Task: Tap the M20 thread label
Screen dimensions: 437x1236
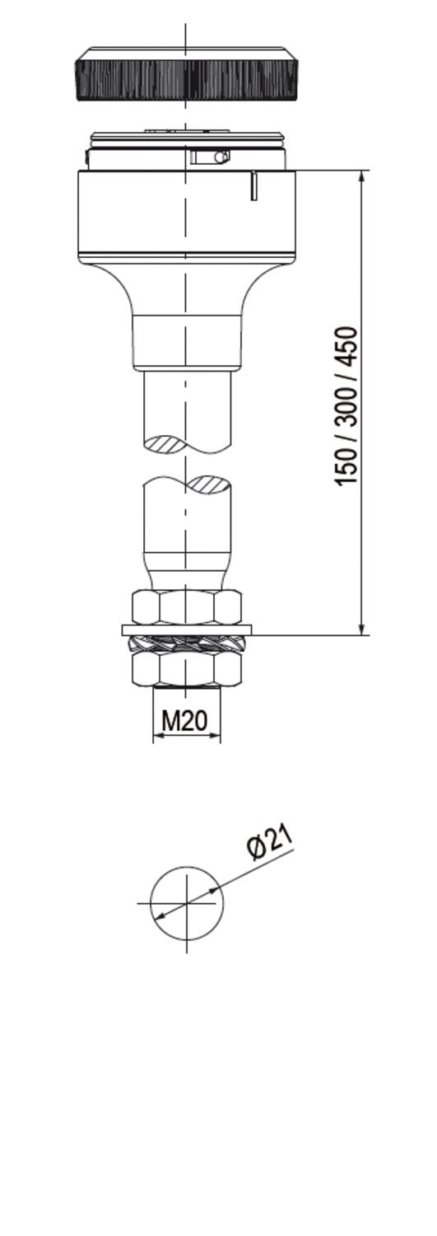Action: [184, 721]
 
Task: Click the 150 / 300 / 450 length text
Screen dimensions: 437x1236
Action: [346, 406]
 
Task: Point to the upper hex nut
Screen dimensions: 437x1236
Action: [187, 607]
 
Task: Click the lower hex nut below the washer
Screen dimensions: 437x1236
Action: [187, 669]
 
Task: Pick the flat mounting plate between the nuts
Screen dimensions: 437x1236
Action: [186, 630]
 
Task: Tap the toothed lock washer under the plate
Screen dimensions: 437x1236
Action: [186, 644]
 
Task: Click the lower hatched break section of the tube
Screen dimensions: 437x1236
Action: [207, 484]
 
